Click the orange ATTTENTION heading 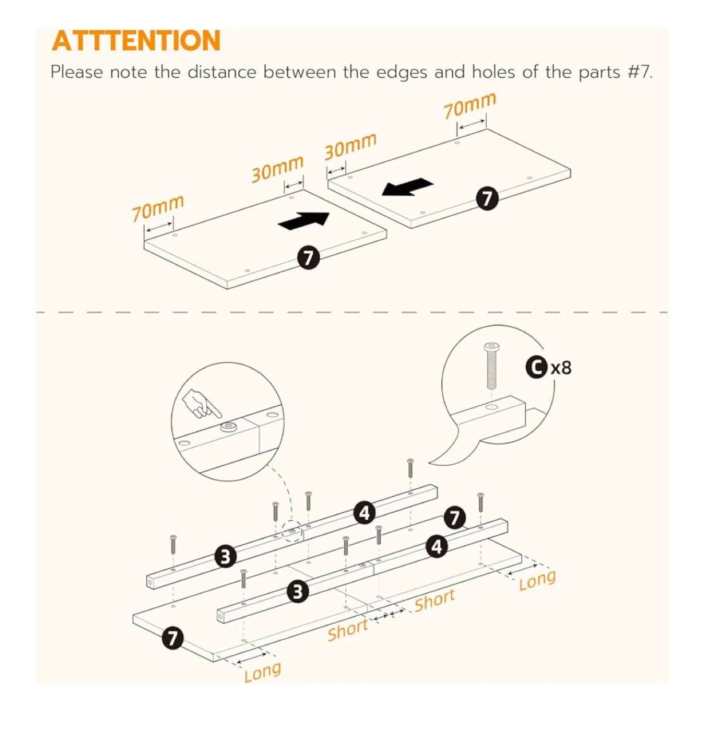(x=136, y=41)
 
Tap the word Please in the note (x=76, y=72)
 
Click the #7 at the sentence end (x=640, y=72)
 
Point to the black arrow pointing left (x=407, y=186)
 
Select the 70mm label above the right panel (x=470, y=105)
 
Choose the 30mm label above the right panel (x=350, y=146)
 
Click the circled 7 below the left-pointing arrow (x=487, y=198)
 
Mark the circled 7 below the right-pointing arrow (x=309, y=258)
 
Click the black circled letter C (x=534, y=367)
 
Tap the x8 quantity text (x=561, y=368)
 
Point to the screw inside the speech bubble (x=491, y=366)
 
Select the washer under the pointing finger (x=228, y=427)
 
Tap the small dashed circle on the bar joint (x=292, y=532)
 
